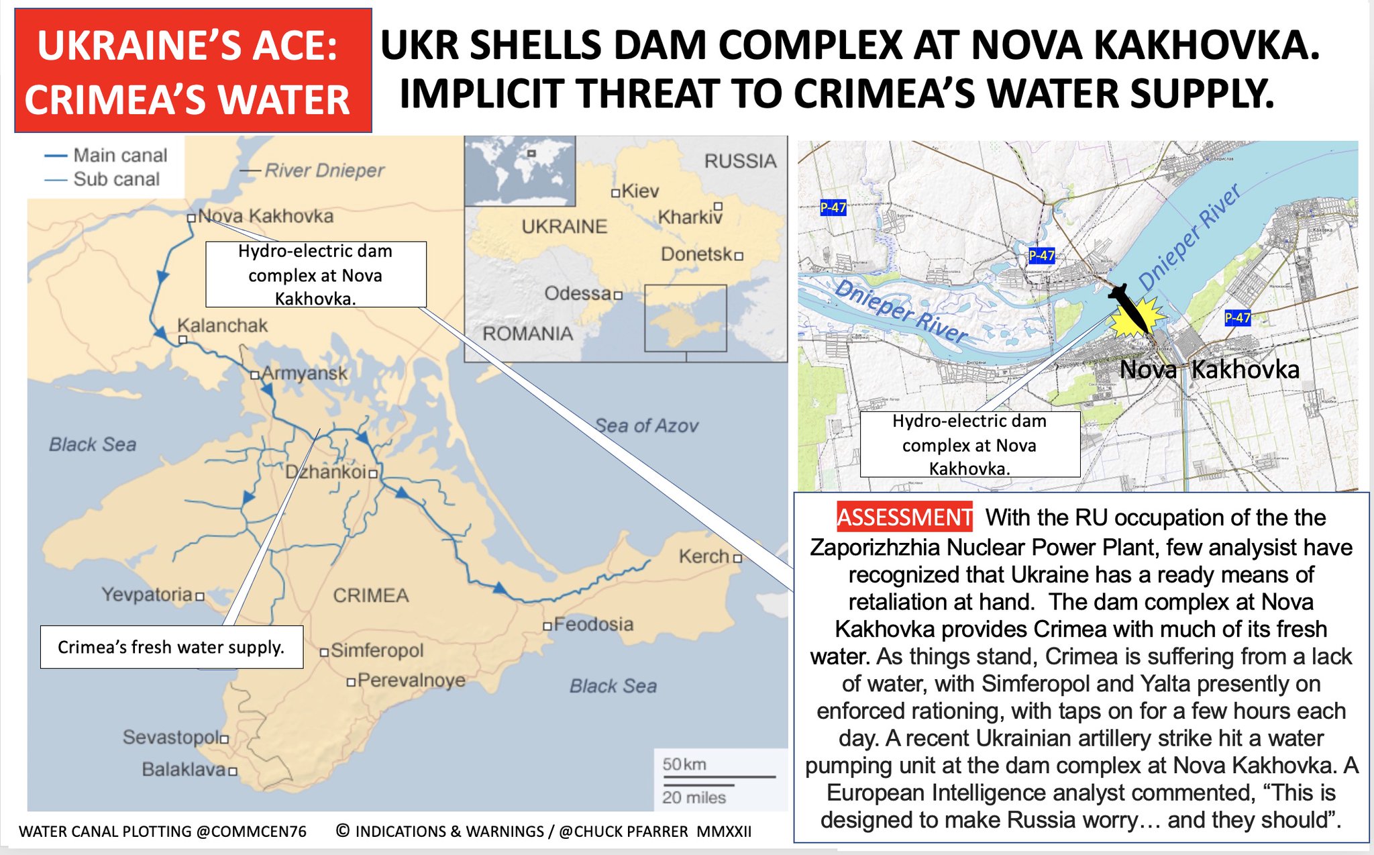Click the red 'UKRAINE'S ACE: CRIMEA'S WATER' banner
(x=193, y=70)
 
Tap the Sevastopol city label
(x=170, y=737)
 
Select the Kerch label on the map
(x=704, y=556)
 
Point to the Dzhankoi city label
(x=326, y=472)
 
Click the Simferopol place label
(x=377, y=650)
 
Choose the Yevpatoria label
(x=148, y=594)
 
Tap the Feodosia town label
(x=593, y=624)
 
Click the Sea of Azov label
(x=647, y=425)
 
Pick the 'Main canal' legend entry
(x=120, y=155)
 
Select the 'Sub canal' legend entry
(x=116, y=179)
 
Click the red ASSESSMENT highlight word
(x=904, y=517)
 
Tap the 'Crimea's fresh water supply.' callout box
(x=171, y=647)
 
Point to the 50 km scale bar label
(x=684, y=764)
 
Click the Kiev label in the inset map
(x=640, y=191)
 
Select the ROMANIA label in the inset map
(x=528, y=334)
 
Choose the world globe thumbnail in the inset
(x=520, y=170)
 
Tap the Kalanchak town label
(x=222, y=325)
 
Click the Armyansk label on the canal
(x=304, y=373)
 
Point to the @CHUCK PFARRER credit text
(x=623, y=832)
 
